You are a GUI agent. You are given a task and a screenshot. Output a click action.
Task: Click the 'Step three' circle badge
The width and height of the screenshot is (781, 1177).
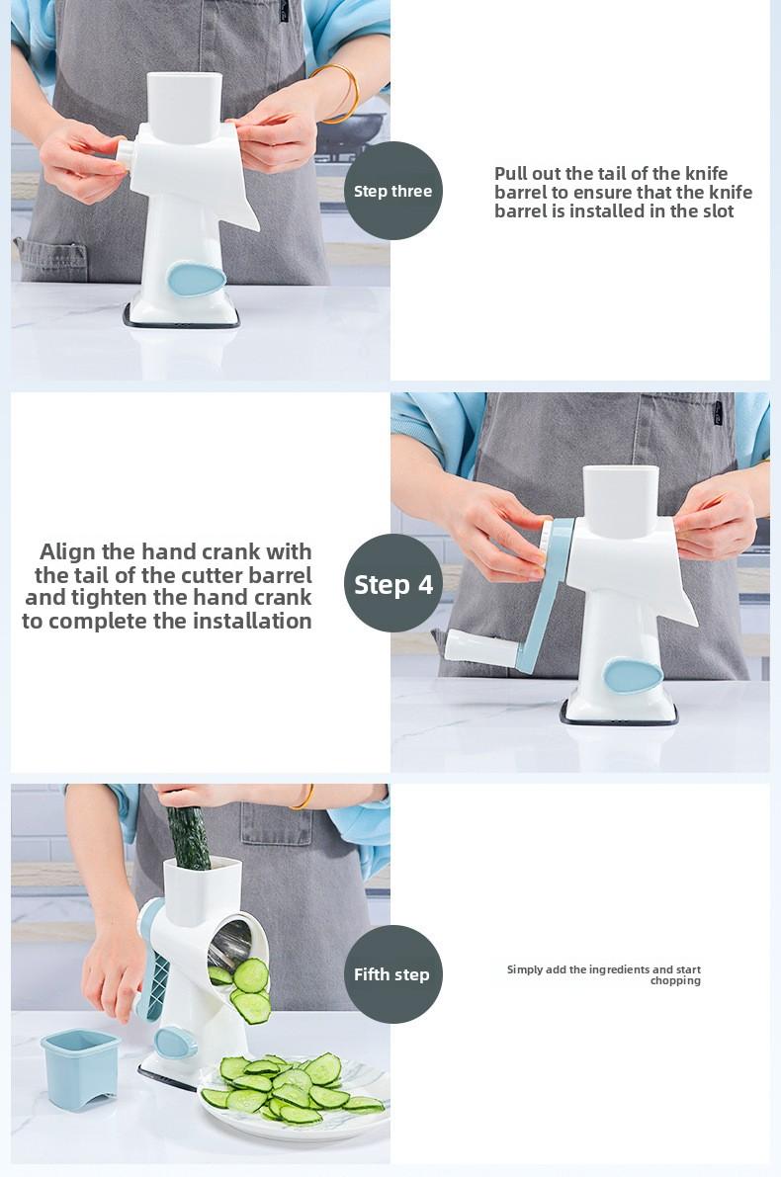(x=392, y=191)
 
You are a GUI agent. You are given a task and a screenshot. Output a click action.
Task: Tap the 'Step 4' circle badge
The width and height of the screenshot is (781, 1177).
(x=392, y=583)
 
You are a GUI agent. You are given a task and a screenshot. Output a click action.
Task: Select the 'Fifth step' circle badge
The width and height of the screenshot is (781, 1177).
(x=392, y=974)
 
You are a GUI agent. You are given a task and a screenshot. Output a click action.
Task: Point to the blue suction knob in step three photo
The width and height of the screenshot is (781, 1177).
(x=196, y=278)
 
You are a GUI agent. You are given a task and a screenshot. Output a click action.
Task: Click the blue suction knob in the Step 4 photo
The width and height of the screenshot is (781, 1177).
(x=633, y=675)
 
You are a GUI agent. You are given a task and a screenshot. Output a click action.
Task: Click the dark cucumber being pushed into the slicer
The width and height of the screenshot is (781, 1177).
(x=188, y=837)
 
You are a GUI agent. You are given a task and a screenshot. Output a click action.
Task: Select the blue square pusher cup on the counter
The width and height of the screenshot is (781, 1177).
(x=80, y=1067)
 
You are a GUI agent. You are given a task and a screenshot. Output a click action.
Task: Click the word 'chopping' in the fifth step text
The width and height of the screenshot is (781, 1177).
(x=675, y=981)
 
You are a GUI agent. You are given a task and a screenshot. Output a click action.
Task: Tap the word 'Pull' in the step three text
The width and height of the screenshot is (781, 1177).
(x=511, y=173)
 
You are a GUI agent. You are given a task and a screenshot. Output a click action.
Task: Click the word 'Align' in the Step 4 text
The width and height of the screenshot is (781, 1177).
(x=68, y=552)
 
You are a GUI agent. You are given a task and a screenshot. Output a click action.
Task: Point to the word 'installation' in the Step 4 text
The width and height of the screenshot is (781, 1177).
(x=251, y=621)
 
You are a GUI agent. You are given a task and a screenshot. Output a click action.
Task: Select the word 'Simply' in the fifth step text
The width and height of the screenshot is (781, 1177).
(x=524, y=969)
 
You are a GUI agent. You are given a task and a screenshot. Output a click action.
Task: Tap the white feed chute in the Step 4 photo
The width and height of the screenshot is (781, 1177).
(x=621, y=501)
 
